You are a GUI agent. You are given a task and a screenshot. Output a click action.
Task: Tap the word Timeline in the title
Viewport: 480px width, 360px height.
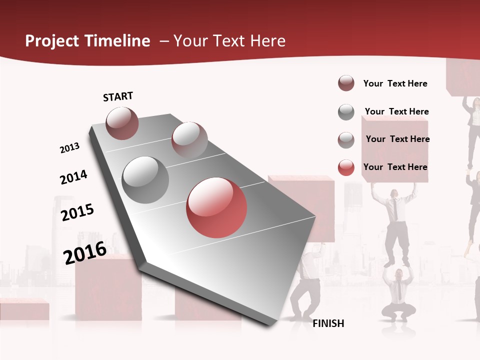coord(118,41)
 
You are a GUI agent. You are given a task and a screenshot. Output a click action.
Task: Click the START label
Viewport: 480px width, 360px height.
coord(118,96)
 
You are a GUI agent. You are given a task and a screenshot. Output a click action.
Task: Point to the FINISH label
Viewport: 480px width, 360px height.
coord(328,323)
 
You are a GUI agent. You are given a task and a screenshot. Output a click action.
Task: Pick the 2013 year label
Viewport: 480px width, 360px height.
coord(69,148)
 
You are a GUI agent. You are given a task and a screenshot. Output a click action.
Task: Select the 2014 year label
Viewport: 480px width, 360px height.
coord(73,177)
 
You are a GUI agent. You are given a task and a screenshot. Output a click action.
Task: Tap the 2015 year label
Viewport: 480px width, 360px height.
coord(77,212)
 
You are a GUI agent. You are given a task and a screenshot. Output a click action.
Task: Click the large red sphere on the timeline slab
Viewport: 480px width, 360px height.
coord(216,207)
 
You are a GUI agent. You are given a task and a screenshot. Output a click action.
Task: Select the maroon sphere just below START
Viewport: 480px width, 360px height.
coord(122,123)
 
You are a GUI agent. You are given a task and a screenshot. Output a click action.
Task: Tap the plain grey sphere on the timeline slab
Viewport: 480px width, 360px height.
coord(145,179)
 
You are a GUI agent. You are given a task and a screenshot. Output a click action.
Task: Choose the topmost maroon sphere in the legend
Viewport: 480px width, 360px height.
coord(346,83)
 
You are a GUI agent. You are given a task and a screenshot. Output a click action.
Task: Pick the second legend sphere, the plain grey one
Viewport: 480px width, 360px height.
coord(346,112)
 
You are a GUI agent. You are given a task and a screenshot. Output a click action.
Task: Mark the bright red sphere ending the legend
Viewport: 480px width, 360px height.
coord(346,167)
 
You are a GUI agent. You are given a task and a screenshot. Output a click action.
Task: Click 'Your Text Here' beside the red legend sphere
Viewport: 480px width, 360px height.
coord(395,167)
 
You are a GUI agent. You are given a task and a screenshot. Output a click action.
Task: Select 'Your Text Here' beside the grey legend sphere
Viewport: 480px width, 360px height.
coord(396,111)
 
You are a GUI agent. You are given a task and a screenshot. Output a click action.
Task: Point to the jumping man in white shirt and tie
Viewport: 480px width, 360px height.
coord(394,220)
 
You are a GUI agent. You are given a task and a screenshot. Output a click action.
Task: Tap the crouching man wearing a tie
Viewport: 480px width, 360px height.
coord(398,295)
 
